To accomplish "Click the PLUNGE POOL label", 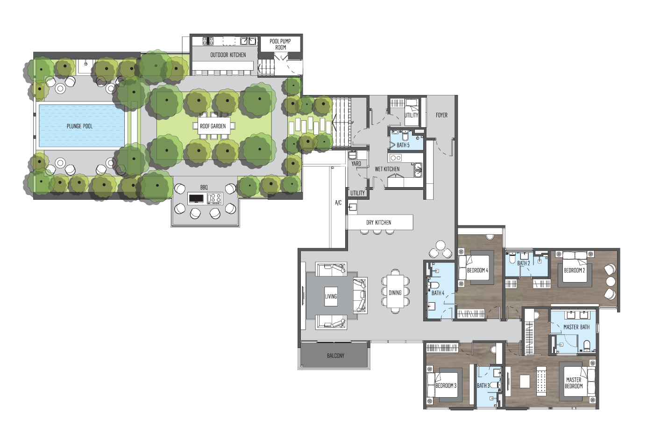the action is [79, 126].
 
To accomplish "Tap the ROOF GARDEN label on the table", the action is [213, 126].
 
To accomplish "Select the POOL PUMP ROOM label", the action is [280, 44].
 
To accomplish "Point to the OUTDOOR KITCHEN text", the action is [228, 55].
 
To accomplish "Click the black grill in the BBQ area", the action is [196, 198].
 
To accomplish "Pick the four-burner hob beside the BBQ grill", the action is [214, 198].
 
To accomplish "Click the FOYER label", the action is [441, 115].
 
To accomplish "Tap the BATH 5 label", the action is [403, 145].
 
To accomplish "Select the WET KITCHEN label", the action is [387, 169].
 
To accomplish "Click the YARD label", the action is [356, 164].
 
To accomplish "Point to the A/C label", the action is [338, 203].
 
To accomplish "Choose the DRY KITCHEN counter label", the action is [379, 223].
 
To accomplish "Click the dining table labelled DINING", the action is [395, 291].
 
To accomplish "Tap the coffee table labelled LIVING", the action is [331, 296].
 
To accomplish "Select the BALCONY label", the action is [335, 356].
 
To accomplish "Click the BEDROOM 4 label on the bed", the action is [477, 270].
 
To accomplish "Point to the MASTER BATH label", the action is [576, 327].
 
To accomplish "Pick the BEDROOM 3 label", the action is [446, 385].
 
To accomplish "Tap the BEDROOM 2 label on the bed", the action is [574, 270].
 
